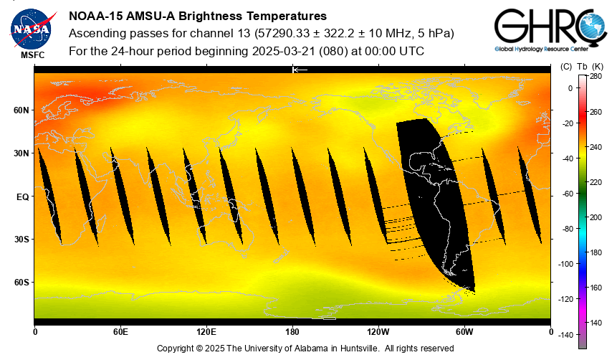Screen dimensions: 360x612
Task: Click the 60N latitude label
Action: [x=21, y=110]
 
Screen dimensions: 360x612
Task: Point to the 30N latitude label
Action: [x=21, y=153]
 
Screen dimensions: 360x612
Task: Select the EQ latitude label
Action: [x=22, y=196]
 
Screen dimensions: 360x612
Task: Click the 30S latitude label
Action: [x=21, y=240]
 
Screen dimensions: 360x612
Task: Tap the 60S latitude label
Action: [x=21, y=283]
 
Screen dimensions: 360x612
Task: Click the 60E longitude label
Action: [x=120, y=332]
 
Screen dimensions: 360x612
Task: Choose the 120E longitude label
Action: [x=206, y=332]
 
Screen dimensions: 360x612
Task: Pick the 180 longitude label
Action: [x=292, y=332]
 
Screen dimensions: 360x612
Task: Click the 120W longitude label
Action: [x=378, y=332]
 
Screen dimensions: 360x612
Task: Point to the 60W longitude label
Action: [x=464, y=332]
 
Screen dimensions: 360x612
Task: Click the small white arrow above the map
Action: [x=300, y=70]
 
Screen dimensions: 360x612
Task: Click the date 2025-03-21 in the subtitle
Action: [x=285, y=51]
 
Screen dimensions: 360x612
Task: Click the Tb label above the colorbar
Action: [x=582, y=66]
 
